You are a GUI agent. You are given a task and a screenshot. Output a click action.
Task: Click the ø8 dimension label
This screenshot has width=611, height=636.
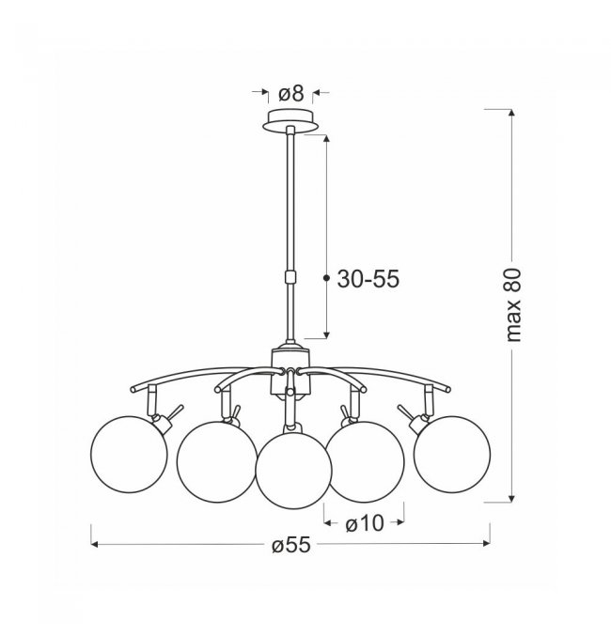291,94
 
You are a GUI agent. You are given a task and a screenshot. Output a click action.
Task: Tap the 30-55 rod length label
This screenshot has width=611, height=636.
368,279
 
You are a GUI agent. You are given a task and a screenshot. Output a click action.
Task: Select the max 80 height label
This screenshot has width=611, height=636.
513,305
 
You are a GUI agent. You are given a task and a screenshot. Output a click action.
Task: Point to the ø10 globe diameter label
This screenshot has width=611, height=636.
364,523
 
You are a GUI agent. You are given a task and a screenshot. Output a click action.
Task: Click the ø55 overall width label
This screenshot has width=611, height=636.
291,544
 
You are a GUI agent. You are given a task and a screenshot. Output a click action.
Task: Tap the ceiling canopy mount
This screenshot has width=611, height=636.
290,120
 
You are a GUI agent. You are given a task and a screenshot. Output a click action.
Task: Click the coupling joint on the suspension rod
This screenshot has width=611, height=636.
290,277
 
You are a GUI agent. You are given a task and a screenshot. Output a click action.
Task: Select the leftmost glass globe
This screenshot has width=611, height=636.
129,455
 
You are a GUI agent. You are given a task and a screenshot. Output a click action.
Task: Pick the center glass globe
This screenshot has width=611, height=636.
293,471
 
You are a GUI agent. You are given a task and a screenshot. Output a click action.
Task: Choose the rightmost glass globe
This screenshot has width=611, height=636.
452,455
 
